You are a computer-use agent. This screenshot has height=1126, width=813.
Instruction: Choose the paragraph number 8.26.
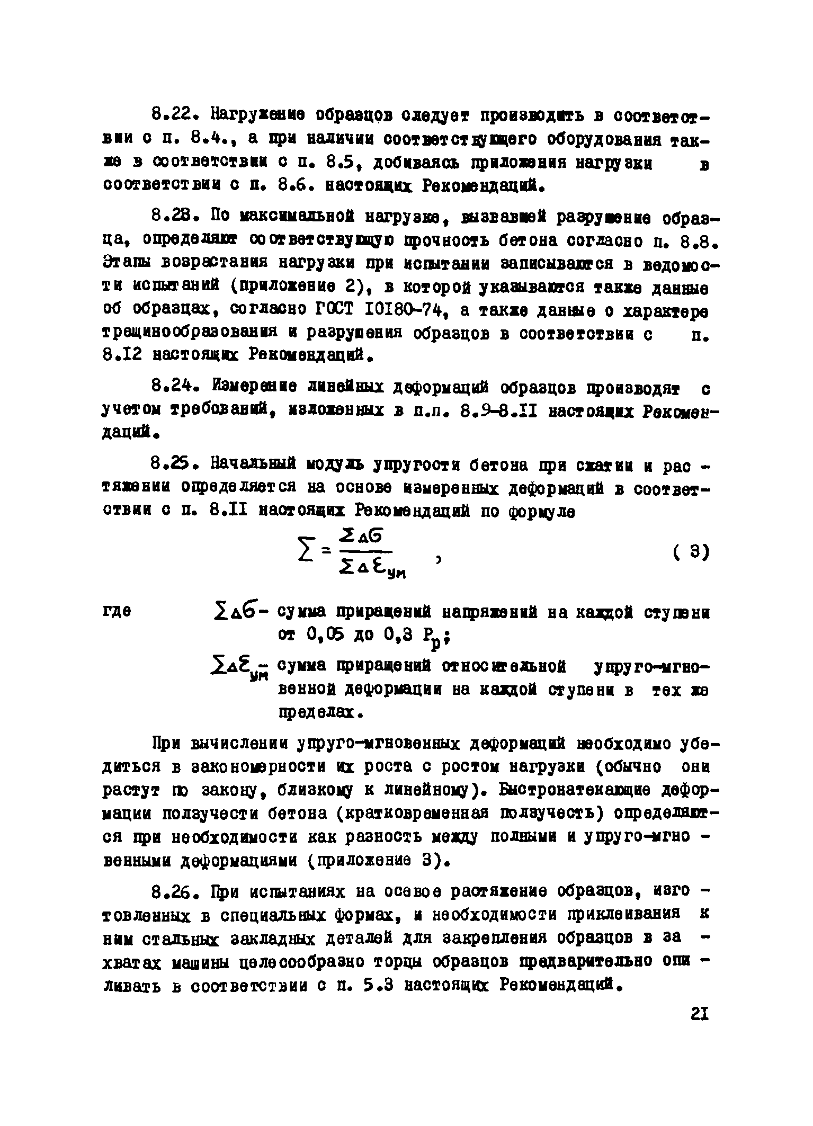coord(175,892)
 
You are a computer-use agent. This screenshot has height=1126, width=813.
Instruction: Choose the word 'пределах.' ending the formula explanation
coord(320,713)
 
